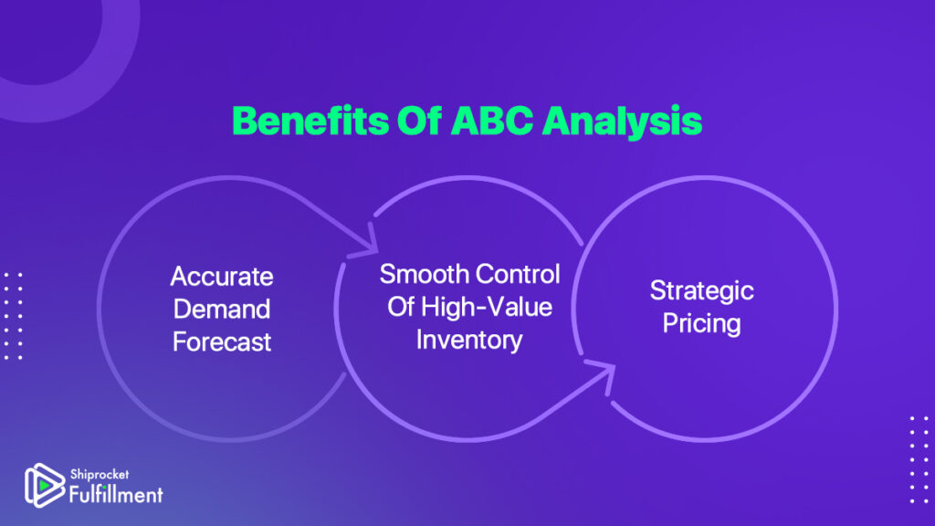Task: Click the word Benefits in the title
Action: coord(310,121)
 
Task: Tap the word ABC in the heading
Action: coord(491,121)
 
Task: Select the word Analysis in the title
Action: coord(622,123)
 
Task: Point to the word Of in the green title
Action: coord(419,121)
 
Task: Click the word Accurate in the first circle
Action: coord(222,277)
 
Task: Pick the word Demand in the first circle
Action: coord(222,309)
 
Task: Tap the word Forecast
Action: coord(222,342)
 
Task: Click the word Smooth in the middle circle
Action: coord(424,274)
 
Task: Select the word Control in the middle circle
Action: coord(518,274)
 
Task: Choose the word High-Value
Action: coord(486,307)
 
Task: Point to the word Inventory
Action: coord(469,340)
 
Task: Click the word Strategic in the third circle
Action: coord(702,291)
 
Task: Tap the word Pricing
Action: coord(702,324)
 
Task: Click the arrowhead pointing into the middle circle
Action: coord(365,241)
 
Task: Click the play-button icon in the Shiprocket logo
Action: coord(44,486)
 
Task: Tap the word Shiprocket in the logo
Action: coord(100,475)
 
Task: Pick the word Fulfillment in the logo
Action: coord(116,494)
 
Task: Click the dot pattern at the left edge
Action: coord(13,316)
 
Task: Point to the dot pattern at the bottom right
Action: coord(919,460)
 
